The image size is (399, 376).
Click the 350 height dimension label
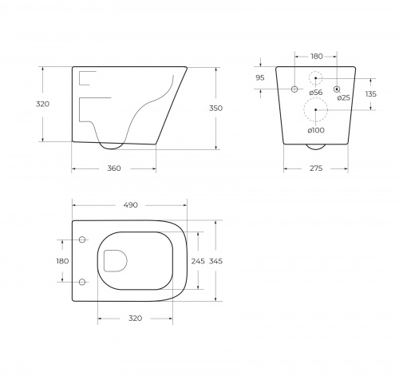pos(215,109)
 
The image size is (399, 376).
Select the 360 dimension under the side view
pos(114,168)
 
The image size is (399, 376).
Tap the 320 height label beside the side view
pos(42,104)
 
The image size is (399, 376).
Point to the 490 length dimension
pos(131,205)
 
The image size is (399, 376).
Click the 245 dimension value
pos(198,261)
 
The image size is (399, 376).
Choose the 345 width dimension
pos(215,261)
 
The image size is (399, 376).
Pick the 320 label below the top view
pos(135,319)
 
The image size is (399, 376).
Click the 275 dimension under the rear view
pos(316,168)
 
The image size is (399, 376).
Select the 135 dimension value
pos(371,94)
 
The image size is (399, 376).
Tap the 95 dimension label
pos(260,78)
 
